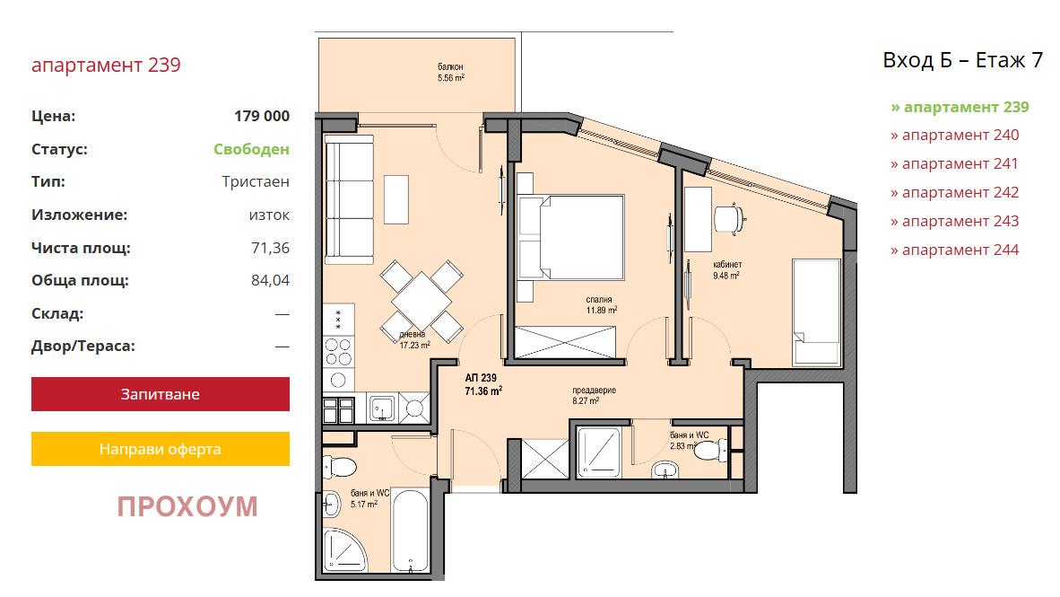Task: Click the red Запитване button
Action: tap(161, 394)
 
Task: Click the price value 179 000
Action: tap(262, 116)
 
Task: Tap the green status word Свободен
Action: tap(251, 149)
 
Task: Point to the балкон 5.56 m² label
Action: tap(451, 73)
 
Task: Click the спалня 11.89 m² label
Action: tap(600, 304)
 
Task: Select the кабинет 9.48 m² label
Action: tap(726, 270)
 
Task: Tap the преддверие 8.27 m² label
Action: tap(593, 395)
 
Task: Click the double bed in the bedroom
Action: tap(569, 237)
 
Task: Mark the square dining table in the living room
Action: tap(421, 301)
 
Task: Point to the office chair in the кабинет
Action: tap(730, 219)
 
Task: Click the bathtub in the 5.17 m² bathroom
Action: tap(410, 530)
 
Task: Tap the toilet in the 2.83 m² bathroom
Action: tap(710, 450)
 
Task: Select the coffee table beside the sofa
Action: tap(396, 199)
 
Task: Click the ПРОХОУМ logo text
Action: tap(187, 506)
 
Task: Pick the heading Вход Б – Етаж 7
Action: tap(962, 60)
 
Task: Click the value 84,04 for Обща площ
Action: tap(271, 280)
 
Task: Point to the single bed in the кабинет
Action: tap(817, 312)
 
